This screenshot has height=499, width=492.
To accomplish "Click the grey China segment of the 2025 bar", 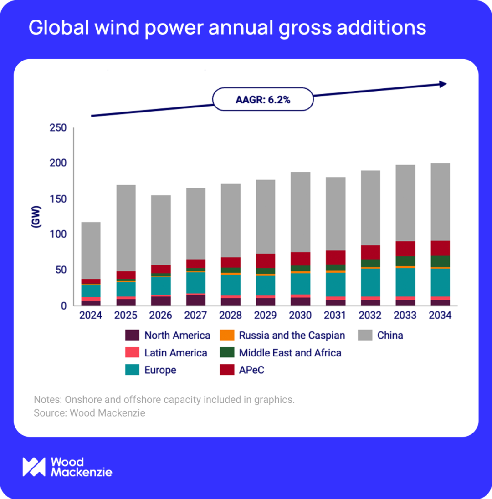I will pos(126,228).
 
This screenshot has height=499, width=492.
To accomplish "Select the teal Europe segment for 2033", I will pos(405,282).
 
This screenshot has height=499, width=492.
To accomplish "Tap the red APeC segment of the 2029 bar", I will pos(266,261).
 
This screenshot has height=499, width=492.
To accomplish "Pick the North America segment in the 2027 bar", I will pos(196,300).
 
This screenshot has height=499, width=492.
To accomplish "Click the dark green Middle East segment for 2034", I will pos(441,261).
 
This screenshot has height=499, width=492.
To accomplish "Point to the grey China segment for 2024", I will pos(91,250).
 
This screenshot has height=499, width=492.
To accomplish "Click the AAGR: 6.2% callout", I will pos(263,100).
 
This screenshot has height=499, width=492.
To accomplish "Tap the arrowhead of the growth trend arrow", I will pos(442,84).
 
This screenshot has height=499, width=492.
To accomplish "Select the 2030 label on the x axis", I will pos(301,316).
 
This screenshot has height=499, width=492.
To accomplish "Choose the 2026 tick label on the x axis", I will pos(161,316).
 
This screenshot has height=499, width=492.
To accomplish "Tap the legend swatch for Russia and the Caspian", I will pos(226,336).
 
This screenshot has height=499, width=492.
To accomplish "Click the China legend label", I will pos(390,336).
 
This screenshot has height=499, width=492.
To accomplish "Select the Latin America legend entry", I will pos(175,353).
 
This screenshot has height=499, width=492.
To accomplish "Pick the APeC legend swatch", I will pos(226,370).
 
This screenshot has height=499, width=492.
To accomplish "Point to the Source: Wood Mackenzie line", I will pos(89,413).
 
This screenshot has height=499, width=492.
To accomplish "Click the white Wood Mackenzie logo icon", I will pos(34,467).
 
